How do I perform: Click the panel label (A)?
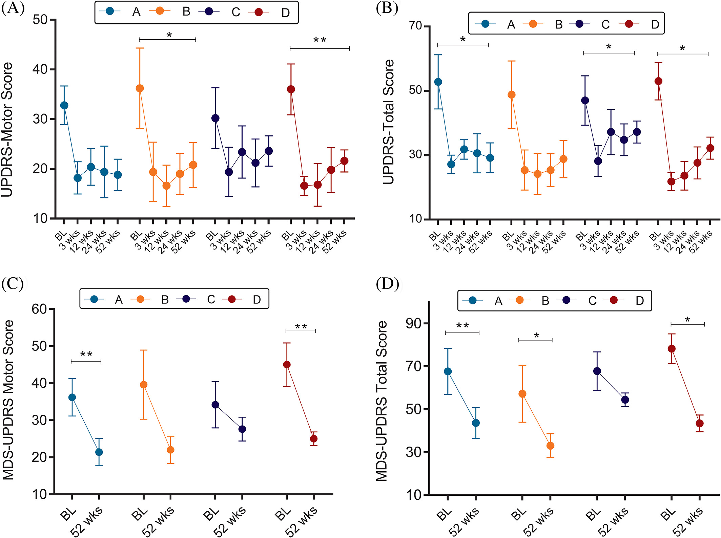[13, 8]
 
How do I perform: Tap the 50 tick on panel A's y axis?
[40, 20]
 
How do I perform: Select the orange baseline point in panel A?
[140, 89]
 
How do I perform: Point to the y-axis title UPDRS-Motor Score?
[7, 129]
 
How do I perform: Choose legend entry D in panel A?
[285, 13]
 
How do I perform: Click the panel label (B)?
[387, 8]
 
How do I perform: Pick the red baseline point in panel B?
[658, 81]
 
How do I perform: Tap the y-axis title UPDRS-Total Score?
[389, 122]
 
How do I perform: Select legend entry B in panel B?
[559, 24]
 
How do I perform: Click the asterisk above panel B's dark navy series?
[609, 47]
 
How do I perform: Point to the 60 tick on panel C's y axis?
[39, 309]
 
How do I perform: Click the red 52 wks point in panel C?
[314, 439]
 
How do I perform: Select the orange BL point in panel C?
[144, 385]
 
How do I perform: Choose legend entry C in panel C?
[211, 299]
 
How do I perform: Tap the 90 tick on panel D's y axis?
[413, 323]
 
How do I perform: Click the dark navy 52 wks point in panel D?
[625, 400]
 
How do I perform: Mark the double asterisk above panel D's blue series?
[462, 326]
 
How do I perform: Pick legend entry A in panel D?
[498, 301]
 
